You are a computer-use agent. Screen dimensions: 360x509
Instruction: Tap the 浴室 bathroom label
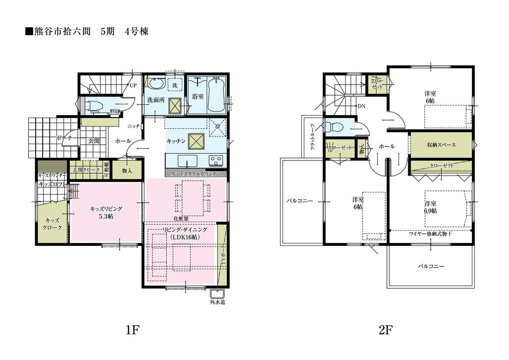(199, 96)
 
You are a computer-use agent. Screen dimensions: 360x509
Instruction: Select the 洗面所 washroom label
(156, 100)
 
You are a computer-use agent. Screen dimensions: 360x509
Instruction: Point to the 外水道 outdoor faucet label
(218, 302)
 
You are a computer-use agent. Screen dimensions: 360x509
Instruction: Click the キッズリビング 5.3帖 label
(106, 213)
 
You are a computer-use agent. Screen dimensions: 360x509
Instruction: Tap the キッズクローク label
(52, 224)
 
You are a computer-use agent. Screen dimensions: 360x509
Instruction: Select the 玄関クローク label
(85, 170)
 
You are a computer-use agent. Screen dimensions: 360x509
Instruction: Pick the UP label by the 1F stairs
(132, 86)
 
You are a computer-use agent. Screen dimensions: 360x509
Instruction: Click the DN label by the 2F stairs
(361, 106)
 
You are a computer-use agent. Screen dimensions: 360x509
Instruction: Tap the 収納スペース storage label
(441, 145)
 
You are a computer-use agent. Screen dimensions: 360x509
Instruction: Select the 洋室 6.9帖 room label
(431, 207)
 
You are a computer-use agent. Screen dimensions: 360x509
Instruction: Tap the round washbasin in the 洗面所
(155, 84)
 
